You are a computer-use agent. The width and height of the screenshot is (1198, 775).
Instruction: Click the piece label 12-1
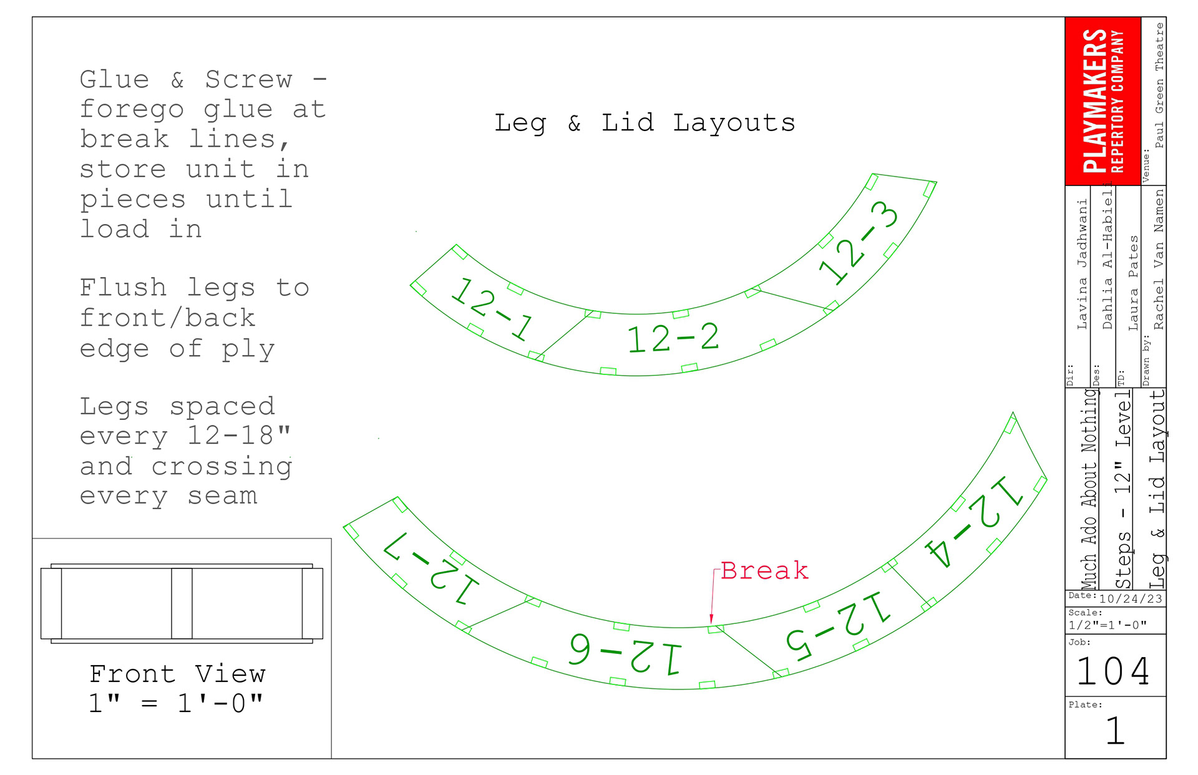(491, 308)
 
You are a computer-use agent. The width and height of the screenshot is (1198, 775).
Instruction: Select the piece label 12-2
(673, 338)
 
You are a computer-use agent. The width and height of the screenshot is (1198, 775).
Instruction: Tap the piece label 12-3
(859, 243)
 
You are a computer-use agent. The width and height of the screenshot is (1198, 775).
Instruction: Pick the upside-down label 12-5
(838, 626)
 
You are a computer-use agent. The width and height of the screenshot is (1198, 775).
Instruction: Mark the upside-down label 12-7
(431, 568)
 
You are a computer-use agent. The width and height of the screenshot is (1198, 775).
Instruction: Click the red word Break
(764, 570)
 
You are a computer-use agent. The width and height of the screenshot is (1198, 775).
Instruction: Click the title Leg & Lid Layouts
(645, 123)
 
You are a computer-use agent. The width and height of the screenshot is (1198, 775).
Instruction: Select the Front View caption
(177, 674)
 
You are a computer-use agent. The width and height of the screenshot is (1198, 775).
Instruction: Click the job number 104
(1114, 671)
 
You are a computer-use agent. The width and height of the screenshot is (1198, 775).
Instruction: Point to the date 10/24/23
(1131, 599)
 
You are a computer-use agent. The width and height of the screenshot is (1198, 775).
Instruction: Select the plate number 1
(1115, 731)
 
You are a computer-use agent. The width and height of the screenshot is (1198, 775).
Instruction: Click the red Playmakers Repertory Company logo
(1103, 101)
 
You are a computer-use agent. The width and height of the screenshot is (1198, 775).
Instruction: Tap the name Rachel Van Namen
(1159, 259)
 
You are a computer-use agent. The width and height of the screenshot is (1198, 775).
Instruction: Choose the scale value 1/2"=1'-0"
(1108, 625)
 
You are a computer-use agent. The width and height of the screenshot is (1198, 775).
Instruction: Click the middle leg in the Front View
(182, 603)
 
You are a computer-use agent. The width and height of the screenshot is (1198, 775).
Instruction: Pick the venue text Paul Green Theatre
(1159, 85)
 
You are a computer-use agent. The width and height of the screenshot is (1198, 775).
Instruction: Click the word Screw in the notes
(248, 79)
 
